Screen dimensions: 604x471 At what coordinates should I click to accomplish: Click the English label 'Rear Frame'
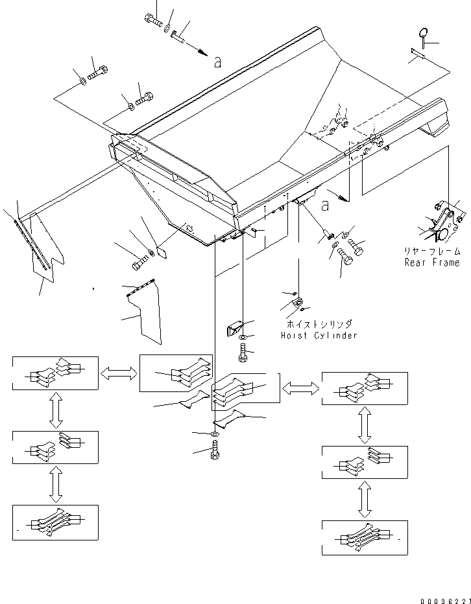(x=432, y=262)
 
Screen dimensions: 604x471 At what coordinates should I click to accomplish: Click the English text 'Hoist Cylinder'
(x=319, y=336)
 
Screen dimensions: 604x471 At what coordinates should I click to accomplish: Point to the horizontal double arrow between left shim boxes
(x=119, y=373)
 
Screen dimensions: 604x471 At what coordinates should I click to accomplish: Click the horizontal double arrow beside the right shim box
(x=301, y=388)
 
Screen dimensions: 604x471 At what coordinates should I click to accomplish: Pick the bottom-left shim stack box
(x=55, y=522)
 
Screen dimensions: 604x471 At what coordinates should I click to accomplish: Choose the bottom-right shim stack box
(x=365, y=537)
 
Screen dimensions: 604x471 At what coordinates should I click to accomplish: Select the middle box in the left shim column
(x=55, y=447)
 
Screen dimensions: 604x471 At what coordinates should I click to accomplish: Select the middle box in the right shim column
(x=365, y=463)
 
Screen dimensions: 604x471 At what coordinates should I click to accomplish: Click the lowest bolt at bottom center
(x=215, y=449)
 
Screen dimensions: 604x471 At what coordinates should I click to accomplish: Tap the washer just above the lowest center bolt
(x=215, y=433)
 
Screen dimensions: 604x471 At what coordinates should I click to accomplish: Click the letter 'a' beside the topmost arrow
(x=218, y=62)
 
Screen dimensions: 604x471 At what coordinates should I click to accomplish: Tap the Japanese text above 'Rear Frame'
(x=432, y=251)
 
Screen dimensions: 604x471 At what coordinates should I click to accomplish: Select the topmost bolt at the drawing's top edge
(x=153, y=20)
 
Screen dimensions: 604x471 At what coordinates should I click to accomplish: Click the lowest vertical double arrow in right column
(x=365, y=500)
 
